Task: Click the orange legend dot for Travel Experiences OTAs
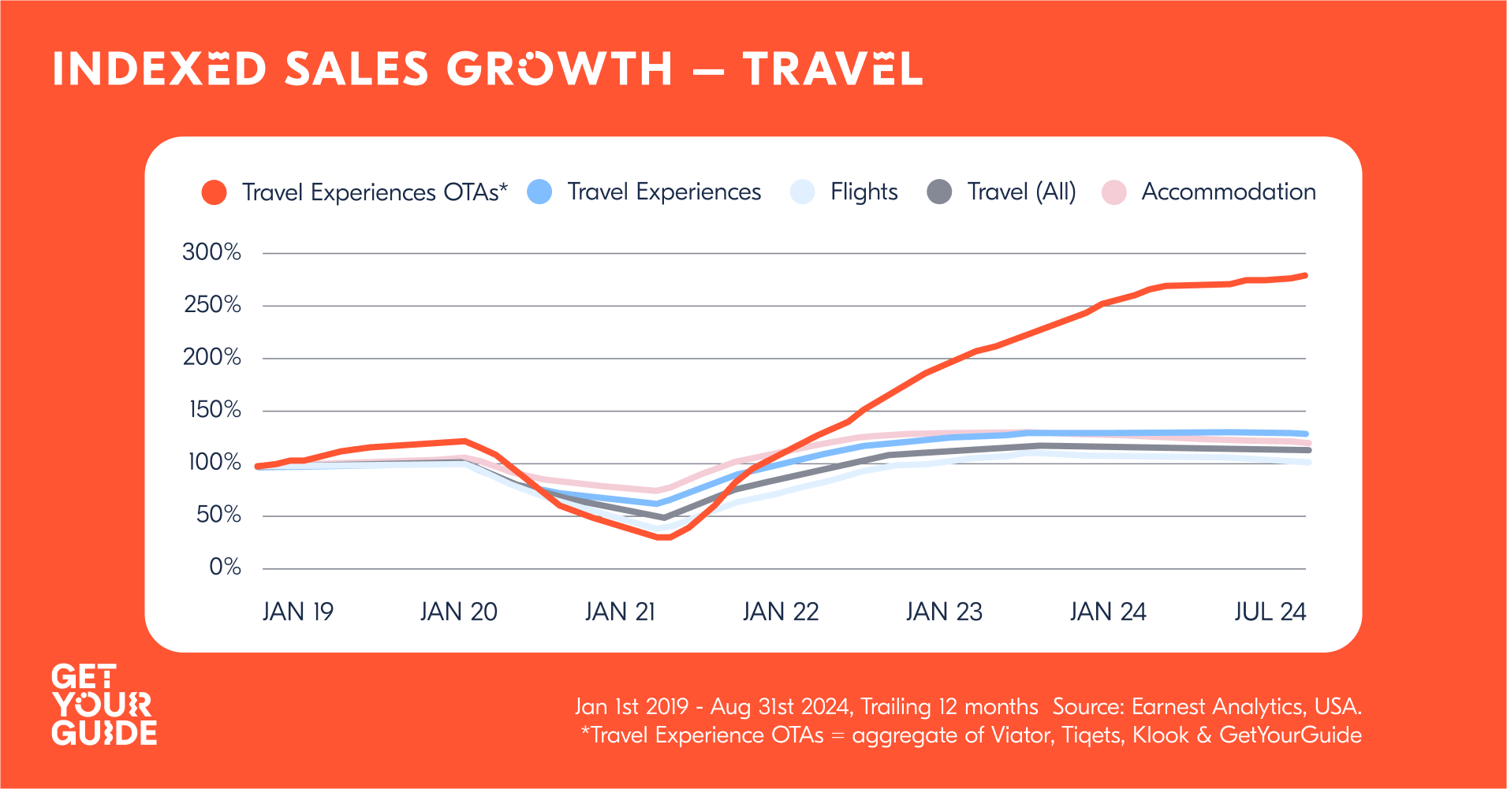point(214,192)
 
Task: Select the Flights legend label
point(864,192)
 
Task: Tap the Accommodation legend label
point(1229,192)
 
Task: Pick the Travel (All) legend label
point(1021,192)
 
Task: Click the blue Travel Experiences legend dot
point(539,192)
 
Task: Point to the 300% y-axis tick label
point(211,252)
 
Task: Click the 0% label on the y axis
point(225,567)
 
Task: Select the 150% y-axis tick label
point(214,410)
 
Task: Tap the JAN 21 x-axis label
point(620,612)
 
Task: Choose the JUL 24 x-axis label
point(1270,612)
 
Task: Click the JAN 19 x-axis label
point(298,612)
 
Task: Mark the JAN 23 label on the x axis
point(944,612)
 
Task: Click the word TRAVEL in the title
point(833,69)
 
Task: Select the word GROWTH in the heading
point(560,69)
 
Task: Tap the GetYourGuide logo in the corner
point(104,705)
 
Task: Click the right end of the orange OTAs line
point(1306,275)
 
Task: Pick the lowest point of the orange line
point(664,538)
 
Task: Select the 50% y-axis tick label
point(218,515)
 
